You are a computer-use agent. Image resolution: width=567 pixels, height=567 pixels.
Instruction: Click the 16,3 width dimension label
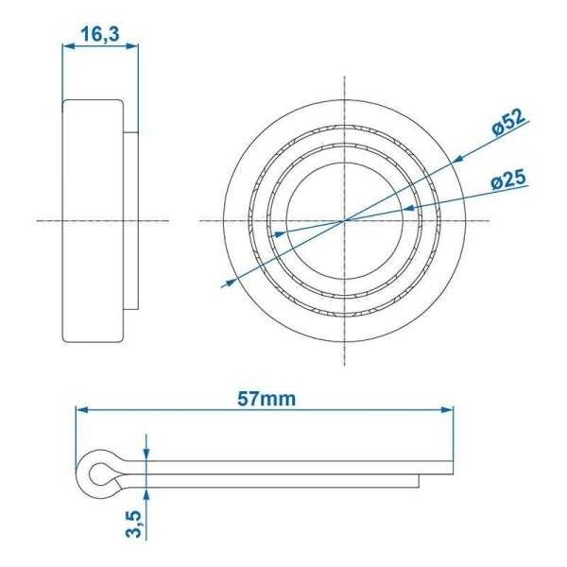click(99, 35)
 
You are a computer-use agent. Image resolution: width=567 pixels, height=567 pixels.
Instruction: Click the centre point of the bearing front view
click(345, 220)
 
